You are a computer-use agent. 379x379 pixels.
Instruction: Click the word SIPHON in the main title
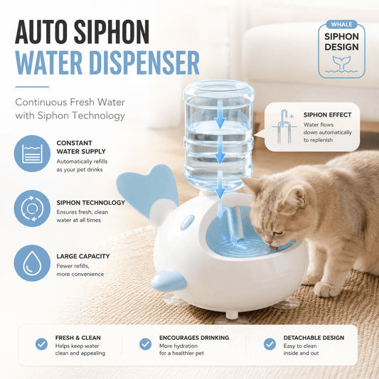[112, 32]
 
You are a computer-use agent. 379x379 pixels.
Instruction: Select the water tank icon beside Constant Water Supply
[32, 154]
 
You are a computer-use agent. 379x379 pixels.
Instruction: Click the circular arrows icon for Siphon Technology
[32, 208]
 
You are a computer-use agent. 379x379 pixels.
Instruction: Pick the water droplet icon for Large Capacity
[32, 263]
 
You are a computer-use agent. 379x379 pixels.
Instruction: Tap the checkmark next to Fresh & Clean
[41, 344]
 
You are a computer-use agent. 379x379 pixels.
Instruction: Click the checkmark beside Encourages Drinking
[146, 344]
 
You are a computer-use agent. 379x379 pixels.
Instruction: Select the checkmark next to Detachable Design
[269, 344]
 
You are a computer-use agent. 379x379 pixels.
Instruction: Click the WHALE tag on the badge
[341, 24]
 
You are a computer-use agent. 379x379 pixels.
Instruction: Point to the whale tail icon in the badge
[341, 63]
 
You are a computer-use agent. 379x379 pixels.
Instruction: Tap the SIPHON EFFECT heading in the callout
[327, 114]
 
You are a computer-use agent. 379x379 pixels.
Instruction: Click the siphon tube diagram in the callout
[284, 127]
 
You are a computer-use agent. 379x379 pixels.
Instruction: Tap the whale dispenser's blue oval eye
[187, 222]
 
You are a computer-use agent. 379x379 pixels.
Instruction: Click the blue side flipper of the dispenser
[169, 280]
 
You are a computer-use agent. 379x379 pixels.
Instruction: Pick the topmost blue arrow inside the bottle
[220, 114]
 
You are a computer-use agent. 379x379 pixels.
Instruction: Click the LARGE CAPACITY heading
[83, 256]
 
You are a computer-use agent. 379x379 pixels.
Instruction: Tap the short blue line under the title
[32, 87]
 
